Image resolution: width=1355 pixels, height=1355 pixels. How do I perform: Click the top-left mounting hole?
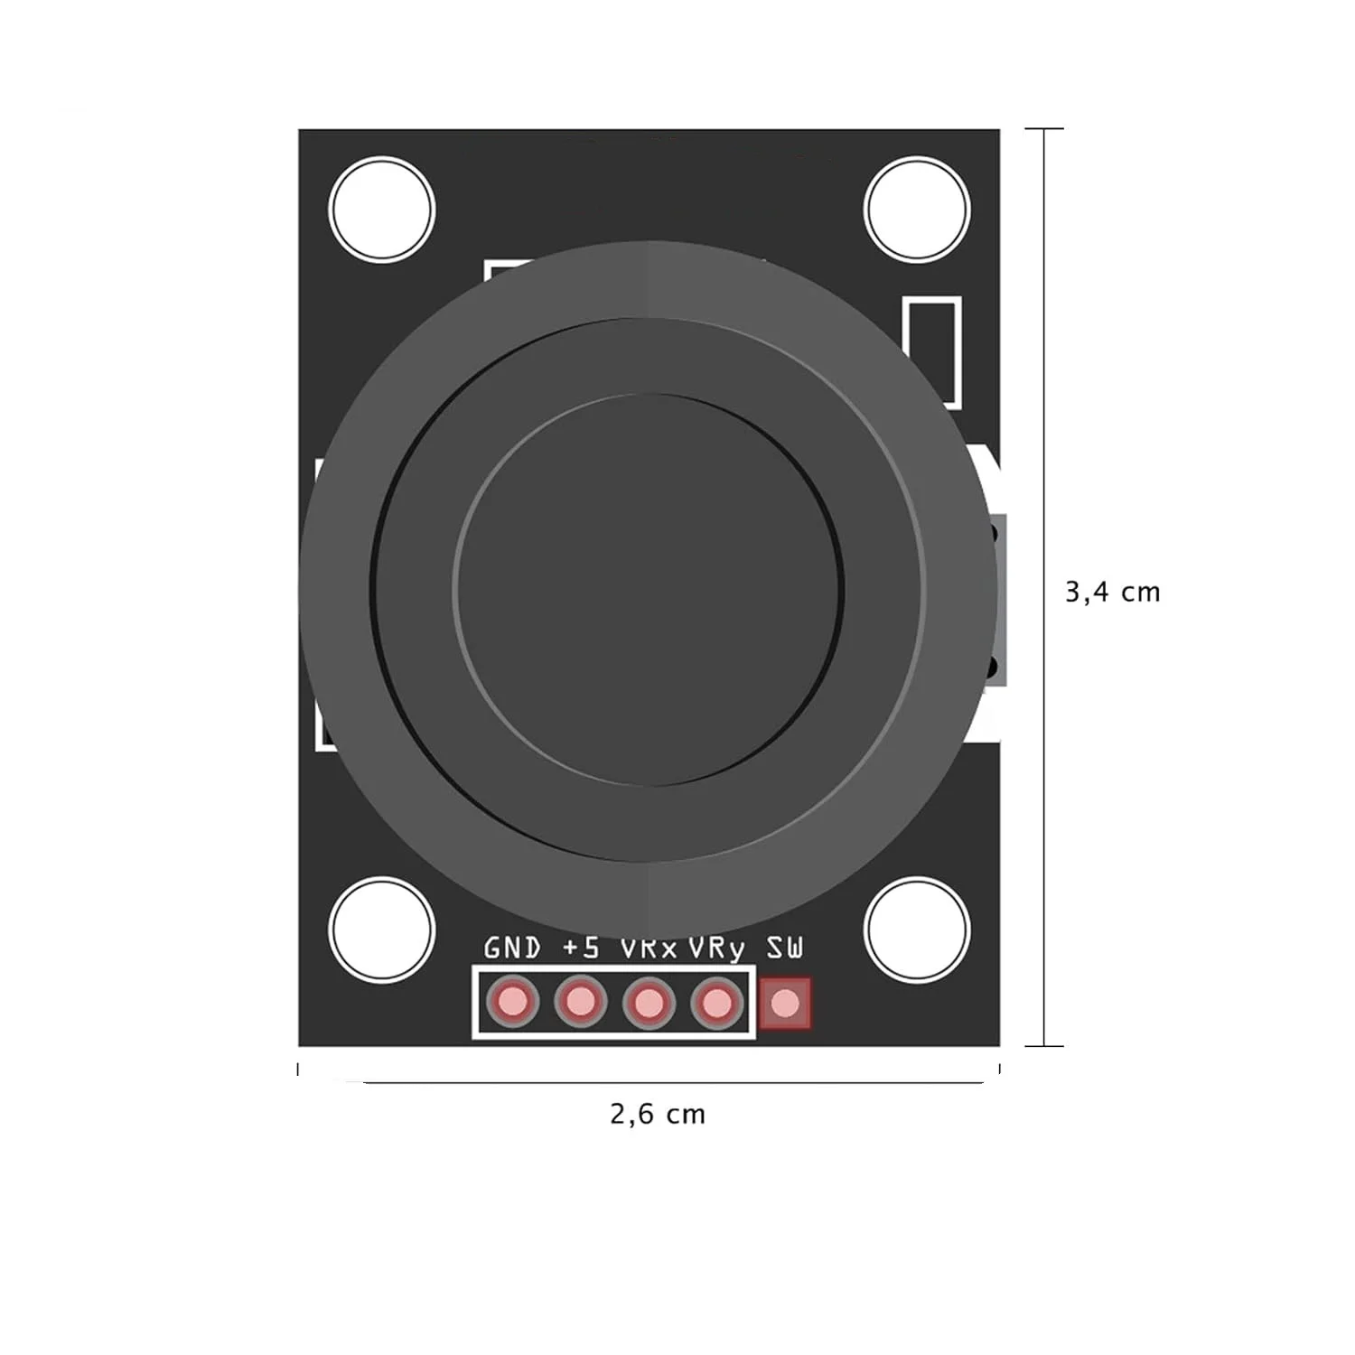tap(381, 210)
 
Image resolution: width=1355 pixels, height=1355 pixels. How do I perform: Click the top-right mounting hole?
tap(916, 210)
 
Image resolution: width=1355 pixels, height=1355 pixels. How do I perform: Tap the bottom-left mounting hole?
tap(381, 930)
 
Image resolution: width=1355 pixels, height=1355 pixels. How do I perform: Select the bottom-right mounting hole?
tap(916, 930)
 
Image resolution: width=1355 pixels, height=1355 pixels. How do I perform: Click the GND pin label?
tap(512, 948)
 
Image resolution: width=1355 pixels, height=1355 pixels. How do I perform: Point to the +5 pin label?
tap(581, 948)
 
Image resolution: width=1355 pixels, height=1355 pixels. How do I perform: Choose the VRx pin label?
tap(649, 949)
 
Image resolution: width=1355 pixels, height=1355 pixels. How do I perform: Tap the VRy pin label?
tap(717, 949)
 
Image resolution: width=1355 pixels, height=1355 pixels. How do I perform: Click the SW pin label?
tap(784, 948)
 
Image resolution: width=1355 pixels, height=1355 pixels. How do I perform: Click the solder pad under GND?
tap(512, 1002)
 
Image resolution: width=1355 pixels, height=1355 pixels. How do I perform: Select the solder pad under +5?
tap(580, 1002)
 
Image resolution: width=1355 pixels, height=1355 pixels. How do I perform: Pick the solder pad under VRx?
tap(649, 1002)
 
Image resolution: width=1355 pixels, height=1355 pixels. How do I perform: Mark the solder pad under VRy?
tap(717, 1002)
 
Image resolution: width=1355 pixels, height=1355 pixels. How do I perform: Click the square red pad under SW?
tap(785, 1003)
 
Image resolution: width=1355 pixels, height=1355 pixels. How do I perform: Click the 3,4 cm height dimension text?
tap(1112, 593)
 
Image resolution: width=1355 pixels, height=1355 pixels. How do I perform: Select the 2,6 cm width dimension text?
tap(657, 1115)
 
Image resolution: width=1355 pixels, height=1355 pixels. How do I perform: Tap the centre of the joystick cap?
tap(649, 589)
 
